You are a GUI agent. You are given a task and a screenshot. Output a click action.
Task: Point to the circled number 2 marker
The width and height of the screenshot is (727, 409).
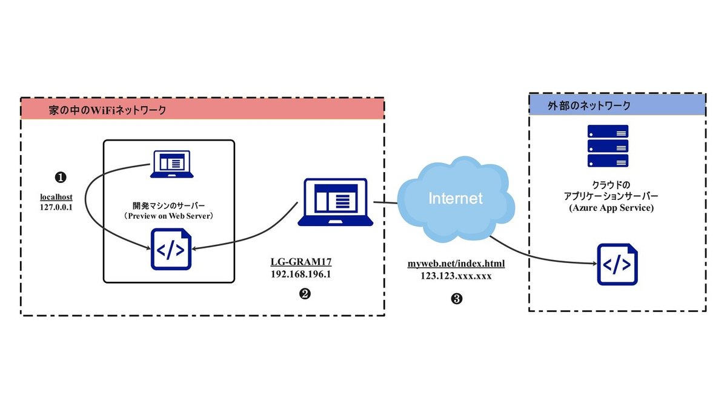[x=305, y=293]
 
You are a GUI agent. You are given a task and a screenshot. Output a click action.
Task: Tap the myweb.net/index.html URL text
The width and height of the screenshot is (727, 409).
[x=456, y=264]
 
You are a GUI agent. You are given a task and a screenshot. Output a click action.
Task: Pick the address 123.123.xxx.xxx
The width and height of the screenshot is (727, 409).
[x=456, y=274]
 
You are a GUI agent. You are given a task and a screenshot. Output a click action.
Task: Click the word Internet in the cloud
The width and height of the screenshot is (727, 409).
[x=455, y=198]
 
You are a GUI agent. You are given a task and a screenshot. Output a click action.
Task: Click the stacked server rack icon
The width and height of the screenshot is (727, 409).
[x=608, y=145]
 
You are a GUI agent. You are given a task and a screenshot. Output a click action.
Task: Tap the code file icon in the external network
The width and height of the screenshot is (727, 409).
[x=617, y=264]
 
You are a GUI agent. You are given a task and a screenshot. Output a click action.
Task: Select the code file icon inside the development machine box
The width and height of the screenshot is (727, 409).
[x=170, y=250]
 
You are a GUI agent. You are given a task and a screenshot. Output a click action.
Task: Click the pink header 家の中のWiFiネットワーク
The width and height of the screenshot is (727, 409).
[x=202, y=109]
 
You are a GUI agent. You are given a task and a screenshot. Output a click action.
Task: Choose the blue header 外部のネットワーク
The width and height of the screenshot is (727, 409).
[x=617, y=105]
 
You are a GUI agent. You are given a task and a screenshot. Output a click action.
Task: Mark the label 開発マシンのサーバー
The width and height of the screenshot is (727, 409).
[x=169, y=204]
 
